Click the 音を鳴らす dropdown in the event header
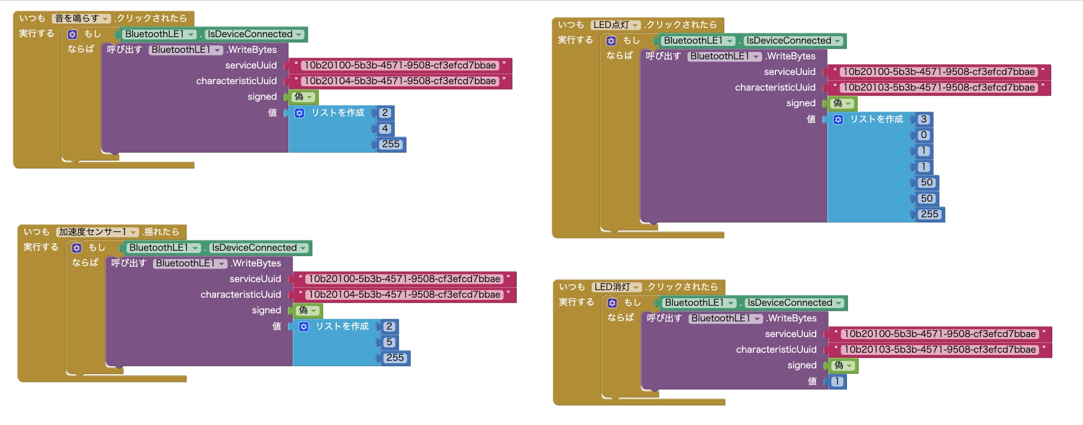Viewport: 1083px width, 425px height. [x=81, y=18]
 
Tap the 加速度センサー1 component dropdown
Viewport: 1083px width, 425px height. [x=97, y=232]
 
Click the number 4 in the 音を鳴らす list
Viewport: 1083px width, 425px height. [x=385, y=128]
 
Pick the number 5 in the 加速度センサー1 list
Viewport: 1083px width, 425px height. [x=389, y=342]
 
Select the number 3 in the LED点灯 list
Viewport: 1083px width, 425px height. [x=924, y=119]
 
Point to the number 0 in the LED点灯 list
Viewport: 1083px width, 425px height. [x=924, y=135]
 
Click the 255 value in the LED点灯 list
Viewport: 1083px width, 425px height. [x=929, y=214]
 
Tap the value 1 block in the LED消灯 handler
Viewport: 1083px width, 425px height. [x=837, y=381]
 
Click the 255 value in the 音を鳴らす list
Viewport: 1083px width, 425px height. [x=391, y=144]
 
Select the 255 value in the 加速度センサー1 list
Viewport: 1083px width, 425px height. [x=395, y=358]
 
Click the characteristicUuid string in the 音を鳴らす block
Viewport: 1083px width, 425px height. [x=399, y=81]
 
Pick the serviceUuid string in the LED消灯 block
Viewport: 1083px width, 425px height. [x=939, y=334]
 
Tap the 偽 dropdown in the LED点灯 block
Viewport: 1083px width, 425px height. [x=842, y=103]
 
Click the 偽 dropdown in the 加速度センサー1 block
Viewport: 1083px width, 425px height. [x=307, y=310]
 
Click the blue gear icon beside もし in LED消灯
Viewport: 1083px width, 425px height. [x=613, y=303]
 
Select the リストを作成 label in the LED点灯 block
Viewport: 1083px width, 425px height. [x=876, y=119]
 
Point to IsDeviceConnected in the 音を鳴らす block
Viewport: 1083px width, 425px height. [x=254, y=34]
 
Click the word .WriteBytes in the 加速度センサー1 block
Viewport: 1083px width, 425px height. [x=256, y=263]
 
